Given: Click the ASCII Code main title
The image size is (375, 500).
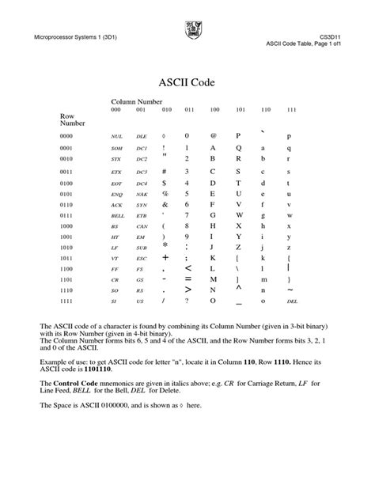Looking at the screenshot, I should [187, 81].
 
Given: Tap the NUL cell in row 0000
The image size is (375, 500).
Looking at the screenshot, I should [116, 136].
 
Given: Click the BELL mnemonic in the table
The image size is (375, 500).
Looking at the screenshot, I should [117, 214].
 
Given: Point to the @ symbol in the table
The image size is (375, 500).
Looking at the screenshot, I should [213, 136].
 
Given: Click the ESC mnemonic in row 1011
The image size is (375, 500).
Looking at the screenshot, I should [142, 258].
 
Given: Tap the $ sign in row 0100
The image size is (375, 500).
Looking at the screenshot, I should [164, 183].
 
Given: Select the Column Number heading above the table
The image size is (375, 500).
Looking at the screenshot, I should [136, 102].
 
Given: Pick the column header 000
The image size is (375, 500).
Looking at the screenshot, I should [116, 109].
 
